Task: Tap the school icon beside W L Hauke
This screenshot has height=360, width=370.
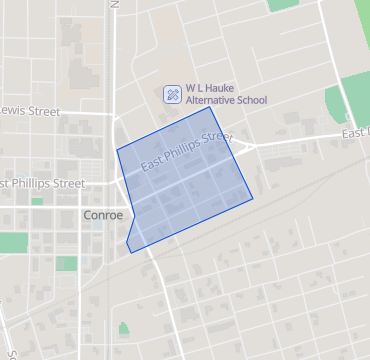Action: click(x=172, y=94)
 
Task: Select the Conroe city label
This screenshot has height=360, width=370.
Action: click(x=102, y=216)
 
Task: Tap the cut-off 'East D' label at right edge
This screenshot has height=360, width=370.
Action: click(x=354, y=134)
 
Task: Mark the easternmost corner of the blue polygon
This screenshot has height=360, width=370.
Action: click(x=252, y=197)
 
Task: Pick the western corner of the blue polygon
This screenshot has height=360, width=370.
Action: click(x=117, y=150)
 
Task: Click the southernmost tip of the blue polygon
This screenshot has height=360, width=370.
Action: click(x=131, y=253)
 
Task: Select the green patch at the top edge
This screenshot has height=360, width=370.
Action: click(x=284, y=4)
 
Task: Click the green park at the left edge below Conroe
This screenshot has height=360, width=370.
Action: click(x=13, y=242)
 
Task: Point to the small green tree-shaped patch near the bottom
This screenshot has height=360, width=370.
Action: click(x=123, y=328)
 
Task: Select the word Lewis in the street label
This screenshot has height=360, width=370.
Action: click(x=17, y=110)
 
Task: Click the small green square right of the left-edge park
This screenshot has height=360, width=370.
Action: click(x=66, y=263)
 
